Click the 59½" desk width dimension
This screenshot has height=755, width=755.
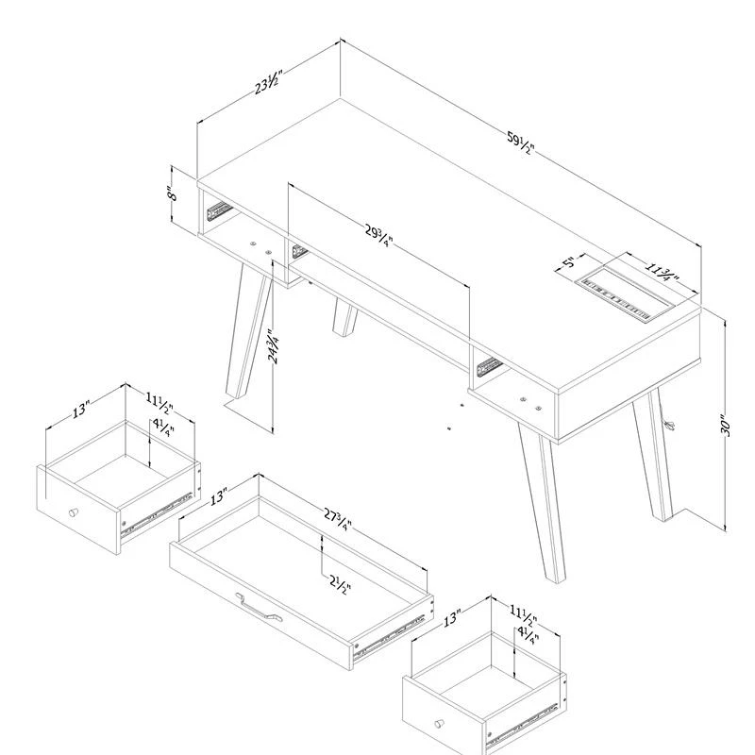click(x=521, y=143)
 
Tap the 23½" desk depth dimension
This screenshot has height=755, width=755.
click(x=268, y=82)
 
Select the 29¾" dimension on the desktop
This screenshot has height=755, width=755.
click(x=379, y=235)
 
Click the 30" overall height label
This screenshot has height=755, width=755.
click(x=726, y=426)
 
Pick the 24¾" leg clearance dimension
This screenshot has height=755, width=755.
click(x=273, y=346)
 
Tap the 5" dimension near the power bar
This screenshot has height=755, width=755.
click(x=569, y=263)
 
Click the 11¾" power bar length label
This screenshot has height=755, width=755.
click(x=663, y=272)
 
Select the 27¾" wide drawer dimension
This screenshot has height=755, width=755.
click(x=338, y=518)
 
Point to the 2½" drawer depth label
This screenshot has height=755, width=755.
click(x=341, y=584)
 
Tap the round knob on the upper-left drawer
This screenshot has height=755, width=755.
click(x=74, y=512)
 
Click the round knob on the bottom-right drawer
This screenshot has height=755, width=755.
click(x=439, y=723)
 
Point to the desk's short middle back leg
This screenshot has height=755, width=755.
click(x=344, y=317)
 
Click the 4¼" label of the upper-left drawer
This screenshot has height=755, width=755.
click(x=163, y=428)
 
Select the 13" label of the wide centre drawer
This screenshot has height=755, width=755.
click(x=218, y=496)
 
